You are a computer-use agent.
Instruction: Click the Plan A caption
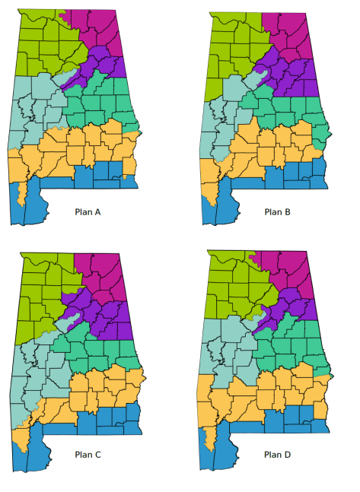tap(88, 212)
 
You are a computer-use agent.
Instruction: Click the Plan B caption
tap(278, 212)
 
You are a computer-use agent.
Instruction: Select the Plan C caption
tap(88, 455)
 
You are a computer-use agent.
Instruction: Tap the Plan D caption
tap(278, 455)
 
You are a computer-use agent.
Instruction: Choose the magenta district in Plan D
tap(293, 270)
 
